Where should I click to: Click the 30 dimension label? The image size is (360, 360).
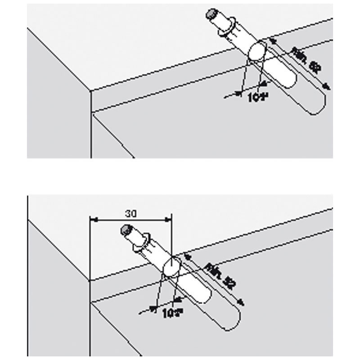(x=130, y=213)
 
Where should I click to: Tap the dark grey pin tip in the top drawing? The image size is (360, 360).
(x=211, y=15)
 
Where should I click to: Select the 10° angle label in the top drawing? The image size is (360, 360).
(x=257, y=97)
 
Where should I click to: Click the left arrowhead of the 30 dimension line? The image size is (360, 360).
(x=93, y=220)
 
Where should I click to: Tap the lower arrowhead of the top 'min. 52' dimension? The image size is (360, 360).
(x=328, y=87)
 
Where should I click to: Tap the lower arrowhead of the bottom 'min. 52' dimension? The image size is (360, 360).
(x=243, y=303)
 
